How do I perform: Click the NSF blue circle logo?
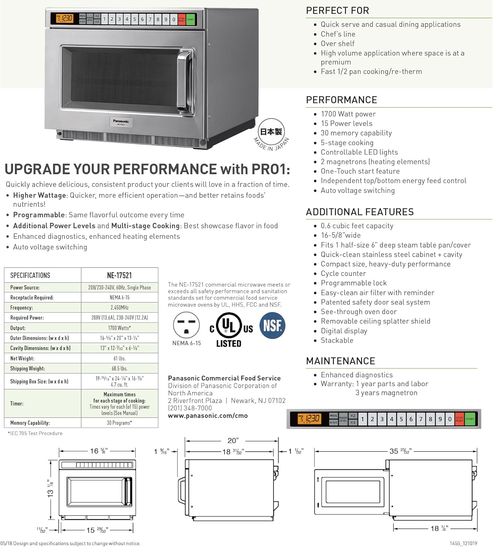[x=272, y=325]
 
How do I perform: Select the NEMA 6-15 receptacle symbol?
[x=186, y=325]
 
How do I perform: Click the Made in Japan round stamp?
[x=271, y=135]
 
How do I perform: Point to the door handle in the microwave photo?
[x=185, y=82]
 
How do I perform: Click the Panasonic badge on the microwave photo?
[x=121, y=122]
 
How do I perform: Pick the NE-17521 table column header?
[x=120, y=275]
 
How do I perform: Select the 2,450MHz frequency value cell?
[x=120, y=307]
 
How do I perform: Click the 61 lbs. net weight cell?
[x=120, y=358]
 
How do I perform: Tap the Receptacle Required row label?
[x=32, y=298]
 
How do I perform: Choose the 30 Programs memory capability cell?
[x=120, y=423]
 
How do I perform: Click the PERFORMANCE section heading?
[x=341, y=100]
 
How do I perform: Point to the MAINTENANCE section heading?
[x=340, y=361]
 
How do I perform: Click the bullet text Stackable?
[x=337, y=340]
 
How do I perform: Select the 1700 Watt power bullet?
[x=348, y=114]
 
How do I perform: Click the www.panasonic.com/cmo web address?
[x=208, y=416]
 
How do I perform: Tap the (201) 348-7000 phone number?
[x=190, y=408]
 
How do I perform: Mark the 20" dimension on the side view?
[x=233, y=441]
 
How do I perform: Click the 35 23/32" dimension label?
[x=400, y=451]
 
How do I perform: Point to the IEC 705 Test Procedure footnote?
[x=35, y=433]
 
